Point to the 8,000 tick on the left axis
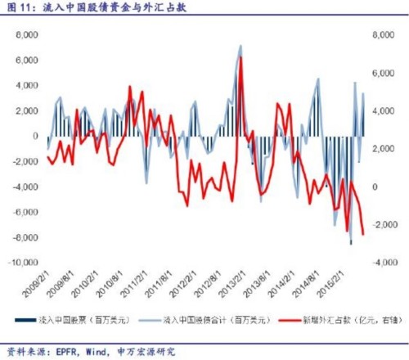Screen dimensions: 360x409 (x=27, y=35)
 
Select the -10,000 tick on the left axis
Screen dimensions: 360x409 (x=24, y=263)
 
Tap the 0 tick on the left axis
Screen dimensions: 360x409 (x=35, y=137)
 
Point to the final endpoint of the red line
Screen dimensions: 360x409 (x=363, y=235)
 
